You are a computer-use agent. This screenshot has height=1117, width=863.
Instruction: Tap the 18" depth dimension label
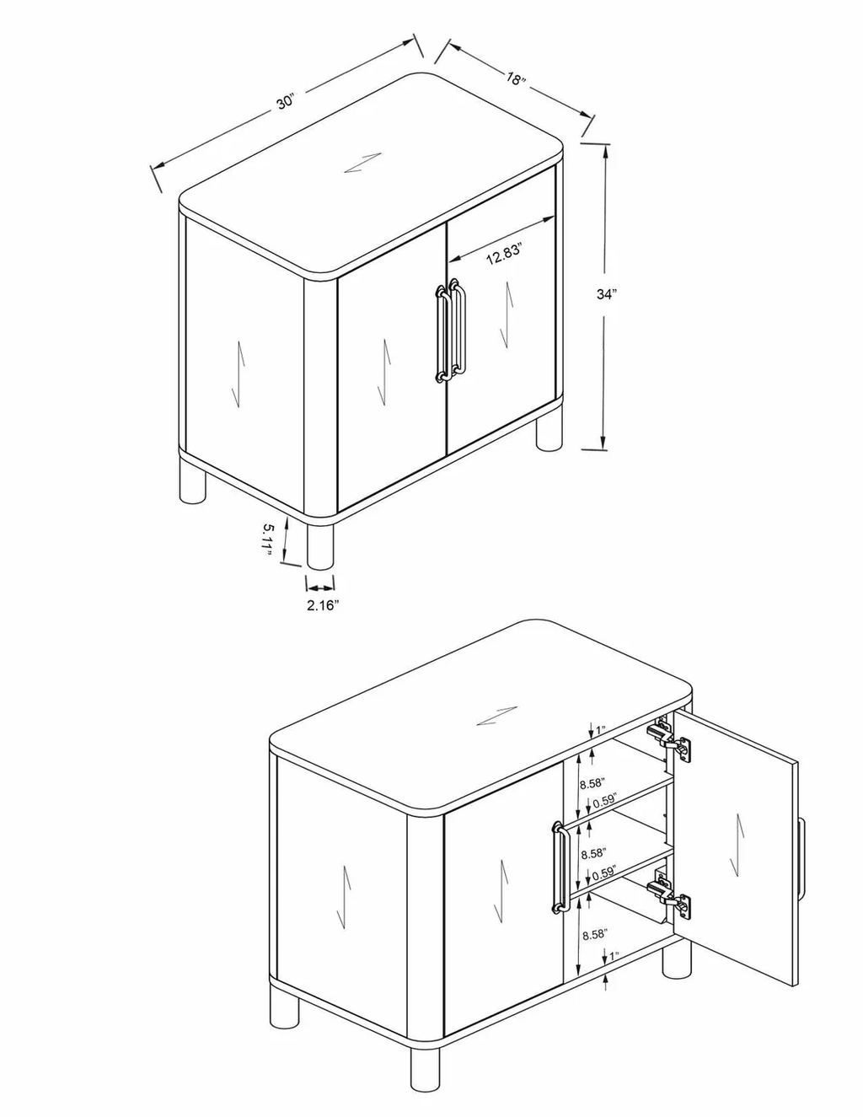[516, 79]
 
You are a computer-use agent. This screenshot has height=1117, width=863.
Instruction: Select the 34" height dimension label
[607, 294]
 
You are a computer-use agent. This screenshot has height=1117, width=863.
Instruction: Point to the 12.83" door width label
[504, 255]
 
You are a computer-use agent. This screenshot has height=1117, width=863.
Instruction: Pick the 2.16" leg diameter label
[322, 604]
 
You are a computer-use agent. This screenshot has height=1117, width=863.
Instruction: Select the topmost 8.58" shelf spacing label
[592, 782]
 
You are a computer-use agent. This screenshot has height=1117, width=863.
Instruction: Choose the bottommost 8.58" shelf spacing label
[592, 933]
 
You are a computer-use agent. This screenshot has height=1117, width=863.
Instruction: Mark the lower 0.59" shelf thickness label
[603, 873]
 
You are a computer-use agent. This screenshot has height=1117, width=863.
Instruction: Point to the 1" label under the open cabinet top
[601, 728]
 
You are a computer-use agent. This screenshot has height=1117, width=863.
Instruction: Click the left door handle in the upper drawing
[441, 335]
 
